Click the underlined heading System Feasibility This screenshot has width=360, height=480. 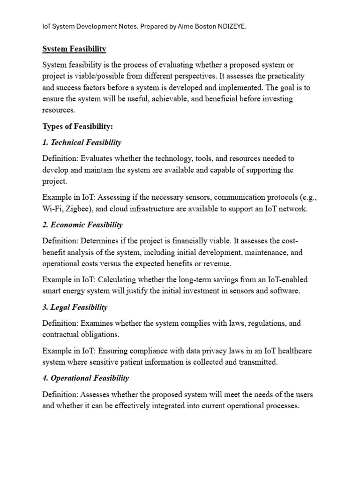coord(74,49)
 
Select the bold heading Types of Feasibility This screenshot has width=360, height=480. coord(77,127)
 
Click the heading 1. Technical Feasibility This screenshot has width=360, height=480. coord(82,142)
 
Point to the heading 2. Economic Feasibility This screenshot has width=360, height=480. coord(82,225)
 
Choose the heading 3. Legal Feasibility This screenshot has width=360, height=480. coord(75,307)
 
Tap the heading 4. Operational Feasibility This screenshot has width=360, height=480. coord(86,378)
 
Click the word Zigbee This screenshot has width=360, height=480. coord(83,209)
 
